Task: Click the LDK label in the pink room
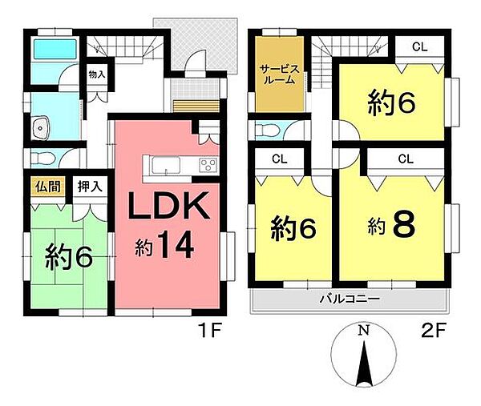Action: pos(171,208)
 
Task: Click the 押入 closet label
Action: pos(88,186)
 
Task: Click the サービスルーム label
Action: pos(278,75)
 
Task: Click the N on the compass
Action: pos(364,330)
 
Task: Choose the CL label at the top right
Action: pos(419,46)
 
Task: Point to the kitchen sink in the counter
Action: pos(164,166)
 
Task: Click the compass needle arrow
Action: pos(364,360)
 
